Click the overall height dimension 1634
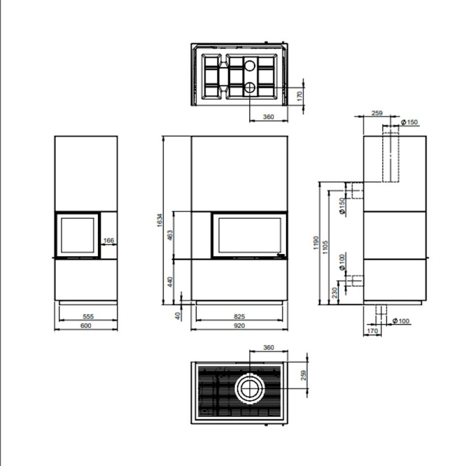[x=160, y=220]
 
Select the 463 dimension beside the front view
[x=170, y=235]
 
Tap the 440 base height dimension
[x=170, y=282]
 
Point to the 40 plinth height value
[x=178, y=315]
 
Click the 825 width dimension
[x=239, y=316]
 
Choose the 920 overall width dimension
[x=239, y=325]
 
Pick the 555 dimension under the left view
[x=88, y=316]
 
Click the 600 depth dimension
[x=86, y=325]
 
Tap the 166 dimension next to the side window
[x=109, y=240]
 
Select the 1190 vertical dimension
[x=316, y=243]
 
